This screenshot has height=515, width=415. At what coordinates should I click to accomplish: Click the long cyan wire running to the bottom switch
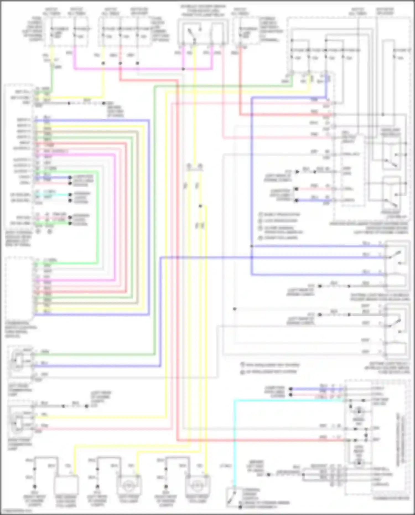pyautogui.click(x=234, y=443)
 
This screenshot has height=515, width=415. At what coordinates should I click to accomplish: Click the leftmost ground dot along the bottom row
pyautogui.click(x=35, y=486)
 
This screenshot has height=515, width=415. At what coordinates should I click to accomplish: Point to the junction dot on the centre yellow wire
pyautogui.click(x=200, y=206)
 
